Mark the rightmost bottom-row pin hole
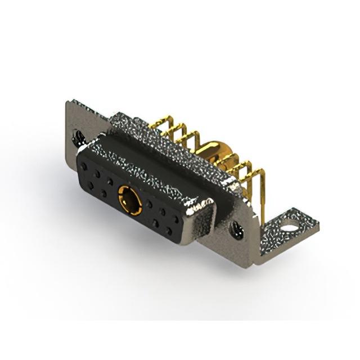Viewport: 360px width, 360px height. [168, 230]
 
